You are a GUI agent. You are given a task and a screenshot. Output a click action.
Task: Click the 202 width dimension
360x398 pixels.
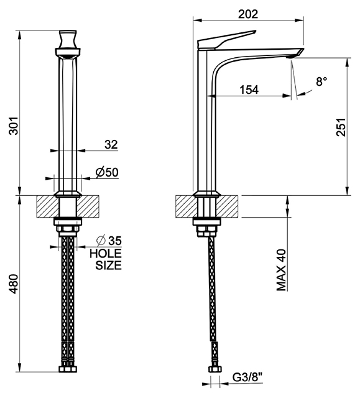tap(248, 14)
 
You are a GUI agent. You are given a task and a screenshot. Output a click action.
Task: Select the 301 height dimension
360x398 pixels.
tap(14, 126)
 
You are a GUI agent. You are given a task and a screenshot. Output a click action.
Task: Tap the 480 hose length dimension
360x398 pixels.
tap(14, 284)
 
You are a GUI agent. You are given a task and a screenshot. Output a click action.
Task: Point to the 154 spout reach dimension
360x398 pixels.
tap(249, 90)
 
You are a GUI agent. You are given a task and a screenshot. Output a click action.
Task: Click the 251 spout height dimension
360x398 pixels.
tap(341, 127)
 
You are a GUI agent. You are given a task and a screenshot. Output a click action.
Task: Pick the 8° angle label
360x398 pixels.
tap(321, 81)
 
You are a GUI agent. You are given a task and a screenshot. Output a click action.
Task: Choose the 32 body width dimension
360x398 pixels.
tap(111, 144)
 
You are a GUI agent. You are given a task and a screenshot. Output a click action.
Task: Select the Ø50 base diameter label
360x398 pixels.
tap(107, 172)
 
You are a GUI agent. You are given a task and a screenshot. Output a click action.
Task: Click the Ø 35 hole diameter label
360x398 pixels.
tap(109, 241)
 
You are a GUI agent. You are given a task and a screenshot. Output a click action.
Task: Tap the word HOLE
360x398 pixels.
tap(106, 253)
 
